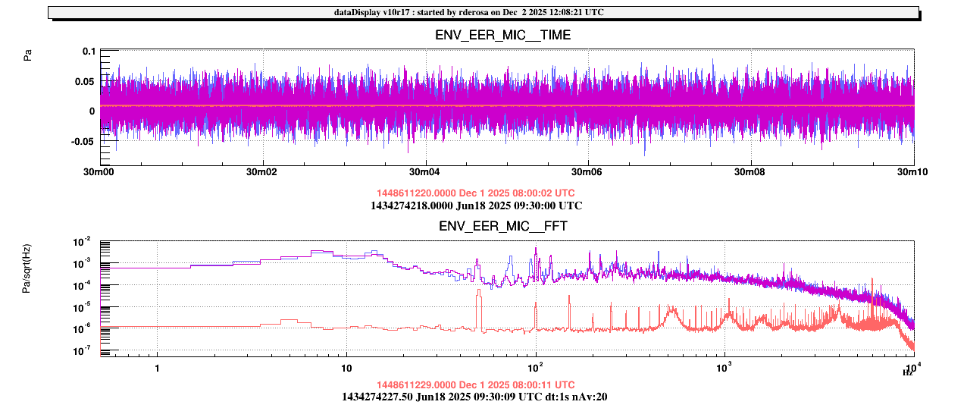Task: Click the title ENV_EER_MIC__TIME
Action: pyautogui.click(x=502, y=35)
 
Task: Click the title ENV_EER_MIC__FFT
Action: pyautogui.click(x=502, y=226)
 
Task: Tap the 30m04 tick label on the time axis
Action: pyautogui.click(x=425, y=173)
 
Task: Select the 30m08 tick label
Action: pyautogui.click(x=750, y=173)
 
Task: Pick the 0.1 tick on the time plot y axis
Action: pyautogui.click(x=89, y=51)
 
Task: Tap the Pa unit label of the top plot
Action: pyautogui.click(x=28, y=55)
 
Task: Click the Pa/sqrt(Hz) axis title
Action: pyautogui.click(x=28, y=269)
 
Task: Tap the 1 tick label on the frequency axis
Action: pyautogui.click(x=157, y=369)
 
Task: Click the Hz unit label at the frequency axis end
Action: pyautogui.click(x=906, y=372)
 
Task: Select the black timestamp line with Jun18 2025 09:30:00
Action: pyautogui.click(x=476, y=206)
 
